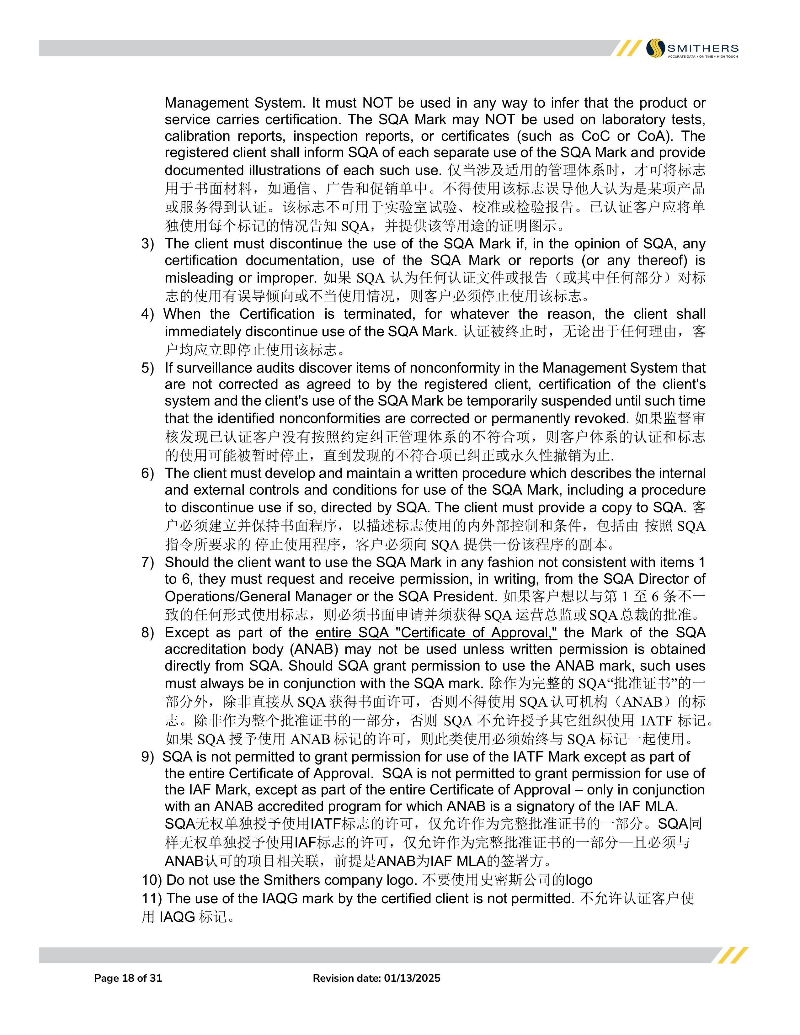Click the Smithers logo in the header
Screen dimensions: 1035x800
point(692,48)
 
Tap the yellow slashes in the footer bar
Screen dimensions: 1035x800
point(733,955)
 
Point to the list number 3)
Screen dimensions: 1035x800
point(147,244)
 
